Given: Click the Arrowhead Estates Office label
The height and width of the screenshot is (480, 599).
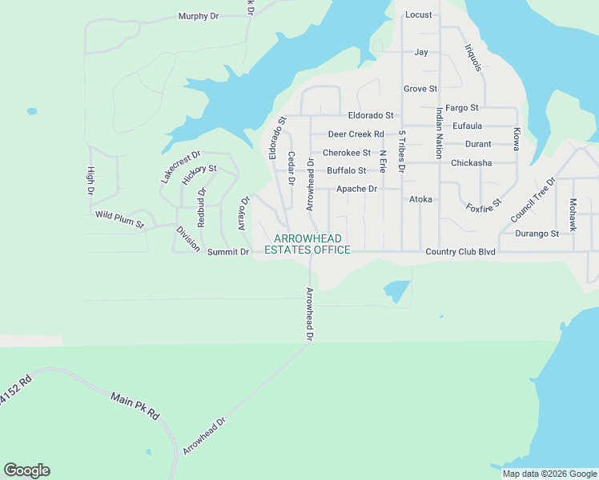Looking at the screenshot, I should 312,245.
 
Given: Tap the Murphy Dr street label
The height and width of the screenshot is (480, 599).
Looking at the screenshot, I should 199,16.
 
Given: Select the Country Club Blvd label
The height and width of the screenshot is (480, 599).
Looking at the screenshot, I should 460,251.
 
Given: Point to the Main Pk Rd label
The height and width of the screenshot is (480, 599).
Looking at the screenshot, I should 135,406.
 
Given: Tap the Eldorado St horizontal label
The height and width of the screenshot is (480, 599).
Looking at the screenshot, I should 371,116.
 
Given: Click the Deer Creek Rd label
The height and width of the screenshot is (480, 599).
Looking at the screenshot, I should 356,134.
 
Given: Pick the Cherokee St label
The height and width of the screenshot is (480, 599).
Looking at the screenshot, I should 347,153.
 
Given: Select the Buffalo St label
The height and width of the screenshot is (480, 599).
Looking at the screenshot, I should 346,170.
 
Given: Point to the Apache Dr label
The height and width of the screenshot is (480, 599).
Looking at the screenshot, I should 356,189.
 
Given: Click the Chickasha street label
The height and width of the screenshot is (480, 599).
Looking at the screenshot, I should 472,163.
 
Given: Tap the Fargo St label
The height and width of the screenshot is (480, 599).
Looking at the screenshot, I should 462,107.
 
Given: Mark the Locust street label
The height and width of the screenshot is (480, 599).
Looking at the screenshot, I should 419,14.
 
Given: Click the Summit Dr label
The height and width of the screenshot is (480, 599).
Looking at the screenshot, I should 228,252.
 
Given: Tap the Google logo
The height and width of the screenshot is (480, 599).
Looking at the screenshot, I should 26,470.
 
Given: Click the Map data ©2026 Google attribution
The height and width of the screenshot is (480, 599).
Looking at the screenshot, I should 549,474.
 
